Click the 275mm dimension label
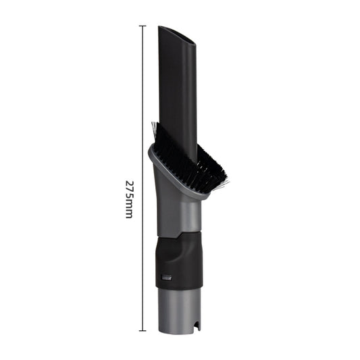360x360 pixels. [x=129, y=199]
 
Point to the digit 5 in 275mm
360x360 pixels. [x=129, y=197]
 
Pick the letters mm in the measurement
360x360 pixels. [x=129, y=209]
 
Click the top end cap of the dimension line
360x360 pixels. [x=142, y=26]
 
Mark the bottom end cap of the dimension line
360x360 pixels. [x=142, y=330]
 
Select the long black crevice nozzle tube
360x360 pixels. [x=177, y=88]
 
